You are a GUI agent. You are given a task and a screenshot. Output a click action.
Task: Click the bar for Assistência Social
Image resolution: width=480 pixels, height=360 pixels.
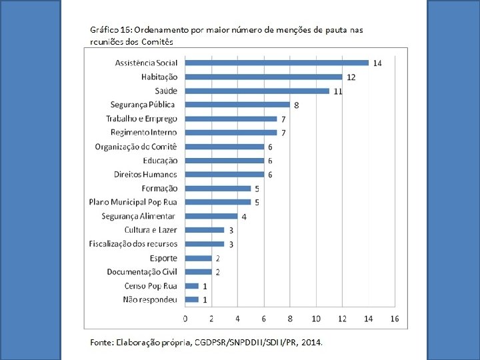(x=276, y=63)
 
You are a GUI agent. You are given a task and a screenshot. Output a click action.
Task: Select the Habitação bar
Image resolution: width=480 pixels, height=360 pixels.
(x=263, y=77)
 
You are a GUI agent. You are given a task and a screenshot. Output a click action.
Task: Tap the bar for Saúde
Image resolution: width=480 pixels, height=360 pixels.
(x=257, y=91)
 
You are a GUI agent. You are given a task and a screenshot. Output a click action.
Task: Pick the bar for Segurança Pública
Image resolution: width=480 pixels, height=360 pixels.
(x=237, y=105)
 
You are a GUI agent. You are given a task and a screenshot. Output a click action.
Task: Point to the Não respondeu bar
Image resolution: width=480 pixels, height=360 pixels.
(x=191, y=299)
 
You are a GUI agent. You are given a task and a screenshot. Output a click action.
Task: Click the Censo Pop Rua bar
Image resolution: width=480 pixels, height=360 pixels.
(x=191, y=285)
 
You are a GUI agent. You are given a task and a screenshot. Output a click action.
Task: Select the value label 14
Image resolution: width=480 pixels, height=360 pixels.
(x=377, y=63)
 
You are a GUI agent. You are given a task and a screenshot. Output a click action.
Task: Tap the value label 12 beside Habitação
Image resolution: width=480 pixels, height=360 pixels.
(x=351, y=77)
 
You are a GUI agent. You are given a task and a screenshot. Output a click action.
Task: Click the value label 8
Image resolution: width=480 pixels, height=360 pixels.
(x=296, y=105)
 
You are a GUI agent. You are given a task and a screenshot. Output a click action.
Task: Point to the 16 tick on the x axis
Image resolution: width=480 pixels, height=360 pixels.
(x=394, y=318)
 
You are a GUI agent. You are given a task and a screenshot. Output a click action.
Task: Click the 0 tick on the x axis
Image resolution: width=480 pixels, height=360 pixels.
(x=185, y=318)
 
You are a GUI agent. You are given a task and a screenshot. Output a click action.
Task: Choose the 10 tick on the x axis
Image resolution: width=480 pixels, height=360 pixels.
(x=315, y=318)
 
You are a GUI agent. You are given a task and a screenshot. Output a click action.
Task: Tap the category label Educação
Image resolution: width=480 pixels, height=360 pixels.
(x=160, y=161)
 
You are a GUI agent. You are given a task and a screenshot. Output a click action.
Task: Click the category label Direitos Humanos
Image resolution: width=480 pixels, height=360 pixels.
(x=145, y=175)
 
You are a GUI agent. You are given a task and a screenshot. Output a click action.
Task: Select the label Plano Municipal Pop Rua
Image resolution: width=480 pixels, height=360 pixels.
(x=133, y=202)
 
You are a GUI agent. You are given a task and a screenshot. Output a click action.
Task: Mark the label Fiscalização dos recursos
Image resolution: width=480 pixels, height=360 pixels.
(x=133, y=244)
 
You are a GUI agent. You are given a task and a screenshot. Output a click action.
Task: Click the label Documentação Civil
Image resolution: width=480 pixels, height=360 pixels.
(x=142, y=272)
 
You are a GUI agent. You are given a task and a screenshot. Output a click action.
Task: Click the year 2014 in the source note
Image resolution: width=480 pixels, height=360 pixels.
(x=311, y=343)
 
